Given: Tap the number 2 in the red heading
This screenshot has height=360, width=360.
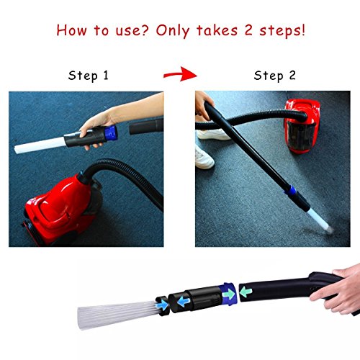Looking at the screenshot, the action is click(248, 30).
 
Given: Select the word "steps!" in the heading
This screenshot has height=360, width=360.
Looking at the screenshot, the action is click(282, 31).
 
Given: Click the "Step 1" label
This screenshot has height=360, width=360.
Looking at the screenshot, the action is click(89, 76).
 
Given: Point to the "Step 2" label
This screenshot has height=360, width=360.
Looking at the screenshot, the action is click(274, 76).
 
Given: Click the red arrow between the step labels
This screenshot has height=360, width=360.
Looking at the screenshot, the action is click(180, 74).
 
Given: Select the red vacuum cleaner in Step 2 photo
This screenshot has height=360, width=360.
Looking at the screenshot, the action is click(302, 126).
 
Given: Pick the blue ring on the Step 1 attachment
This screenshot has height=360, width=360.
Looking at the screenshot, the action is click(111, 132).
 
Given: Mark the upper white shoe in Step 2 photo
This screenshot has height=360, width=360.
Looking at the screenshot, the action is click(213, 135).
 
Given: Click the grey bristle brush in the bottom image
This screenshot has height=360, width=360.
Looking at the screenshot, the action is click(117, 314).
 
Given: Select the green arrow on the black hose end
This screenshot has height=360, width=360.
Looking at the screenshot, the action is click(246, 292).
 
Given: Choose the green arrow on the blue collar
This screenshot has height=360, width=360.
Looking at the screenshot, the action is click(229, 294).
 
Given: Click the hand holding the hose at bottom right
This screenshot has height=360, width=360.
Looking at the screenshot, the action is click(338, 289).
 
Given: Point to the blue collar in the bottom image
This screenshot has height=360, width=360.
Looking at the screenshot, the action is click(228, 294).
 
